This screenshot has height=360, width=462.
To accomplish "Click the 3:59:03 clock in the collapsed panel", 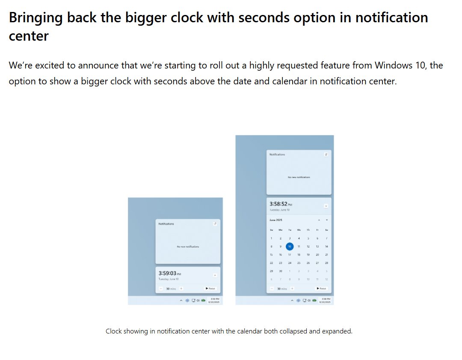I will pos(167,273).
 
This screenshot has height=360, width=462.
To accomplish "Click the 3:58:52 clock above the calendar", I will pos(278,204).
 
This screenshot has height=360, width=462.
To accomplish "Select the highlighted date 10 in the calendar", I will pos(290,246).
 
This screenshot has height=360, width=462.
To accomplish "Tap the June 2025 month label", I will pos(276,220).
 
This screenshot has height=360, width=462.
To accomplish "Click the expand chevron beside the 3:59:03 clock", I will pos(215,275).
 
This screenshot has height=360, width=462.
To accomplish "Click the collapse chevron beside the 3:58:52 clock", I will pos(326,205).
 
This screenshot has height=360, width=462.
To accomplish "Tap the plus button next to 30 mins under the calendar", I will pos(292,289).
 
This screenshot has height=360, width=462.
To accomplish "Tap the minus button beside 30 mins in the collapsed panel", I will pos(161,289).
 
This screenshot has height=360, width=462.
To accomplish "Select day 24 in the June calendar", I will pos(290,263).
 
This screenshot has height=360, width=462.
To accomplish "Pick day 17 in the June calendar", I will pos(290,254).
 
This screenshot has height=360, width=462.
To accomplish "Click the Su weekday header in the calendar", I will pos(271,230).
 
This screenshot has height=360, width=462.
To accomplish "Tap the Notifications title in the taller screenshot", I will pos(277,154).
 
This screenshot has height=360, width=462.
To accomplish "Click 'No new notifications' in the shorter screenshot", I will pos(188,247).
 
